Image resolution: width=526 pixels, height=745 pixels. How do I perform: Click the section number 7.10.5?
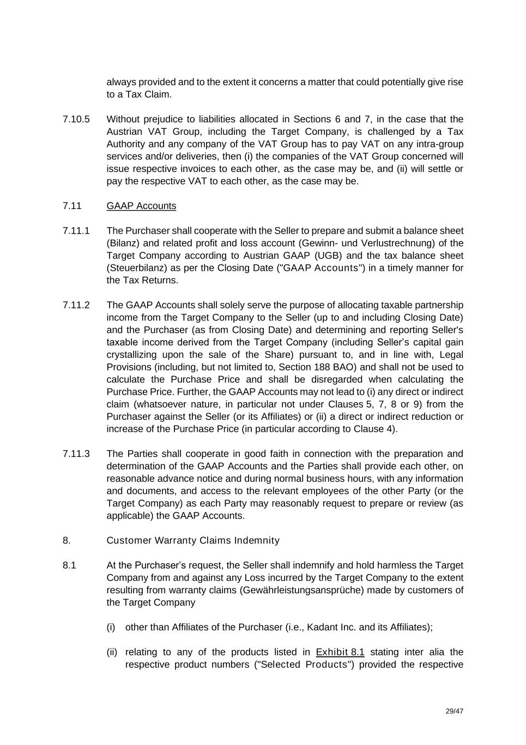[x=76, y=119]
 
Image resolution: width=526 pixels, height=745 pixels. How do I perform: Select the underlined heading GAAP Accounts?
[x=141, y=206]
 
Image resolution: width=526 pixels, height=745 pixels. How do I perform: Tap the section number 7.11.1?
[x=76, y=230]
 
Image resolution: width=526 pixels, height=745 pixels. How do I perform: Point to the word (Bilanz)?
[x=123, y=243]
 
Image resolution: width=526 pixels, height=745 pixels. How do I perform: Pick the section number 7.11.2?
[x=76, y=305]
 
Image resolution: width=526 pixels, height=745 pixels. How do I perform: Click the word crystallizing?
[x=135, y=355]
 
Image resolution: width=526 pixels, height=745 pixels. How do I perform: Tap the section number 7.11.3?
[x=76, y=454]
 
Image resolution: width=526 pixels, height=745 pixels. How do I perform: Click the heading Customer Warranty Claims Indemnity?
[x=193, y=540]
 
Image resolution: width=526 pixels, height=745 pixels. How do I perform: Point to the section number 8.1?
[x=69, y=565]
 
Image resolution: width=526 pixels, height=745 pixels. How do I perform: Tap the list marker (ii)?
[x=112, y=652]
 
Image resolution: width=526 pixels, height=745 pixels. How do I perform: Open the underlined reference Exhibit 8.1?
[x=340, y=652]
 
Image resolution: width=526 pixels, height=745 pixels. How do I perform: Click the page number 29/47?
[x=454, y=711]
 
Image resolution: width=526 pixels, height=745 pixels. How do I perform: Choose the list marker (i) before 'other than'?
[x=111, y=627]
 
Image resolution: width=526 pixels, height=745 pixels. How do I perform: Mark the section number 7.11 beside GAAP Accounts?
[x=72, y=206]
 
